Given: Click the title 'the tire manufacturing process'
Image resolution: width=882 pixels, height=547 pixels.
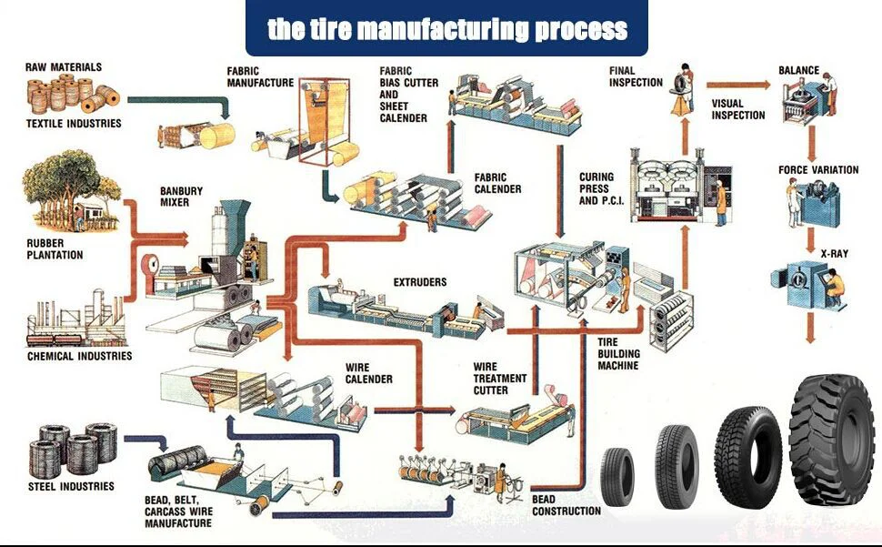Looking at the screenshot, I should point(446,29).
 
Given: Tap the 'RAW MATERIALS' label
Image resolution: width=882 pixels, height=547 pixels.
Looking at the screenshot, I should point(64,67).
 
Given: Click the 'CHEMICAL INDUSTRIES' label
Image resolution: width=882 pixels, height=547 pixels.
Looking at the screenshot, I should point(79,356).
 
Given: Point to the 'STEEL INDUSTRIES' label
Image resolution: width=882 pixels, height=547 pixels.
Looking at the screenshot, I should point(71,486).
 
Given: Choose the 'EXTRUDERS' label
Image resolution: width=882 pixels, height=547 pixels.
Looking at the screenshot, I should point(420,282).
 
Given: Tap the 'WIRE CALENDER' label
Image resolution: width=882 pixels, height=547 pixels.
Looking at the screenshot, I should point(368,373).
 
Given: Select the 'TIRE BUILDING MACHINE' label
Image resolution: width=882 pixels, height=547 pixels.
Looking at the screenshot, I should point(618,354).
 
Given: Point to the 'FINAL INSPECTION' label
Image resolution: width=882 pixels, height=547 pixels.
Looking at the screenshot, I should point(636,76).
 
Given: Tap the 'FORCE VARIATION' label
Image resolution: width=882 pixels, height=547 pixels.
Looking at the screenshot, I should point(818,170).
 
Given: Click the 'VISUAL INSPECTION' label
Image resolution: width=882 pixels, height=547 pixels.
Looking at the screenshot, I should point(737,109).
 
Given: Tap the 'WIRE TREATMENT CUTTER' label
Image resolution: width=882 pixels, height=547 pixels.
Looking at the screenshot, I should point(499,378).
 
